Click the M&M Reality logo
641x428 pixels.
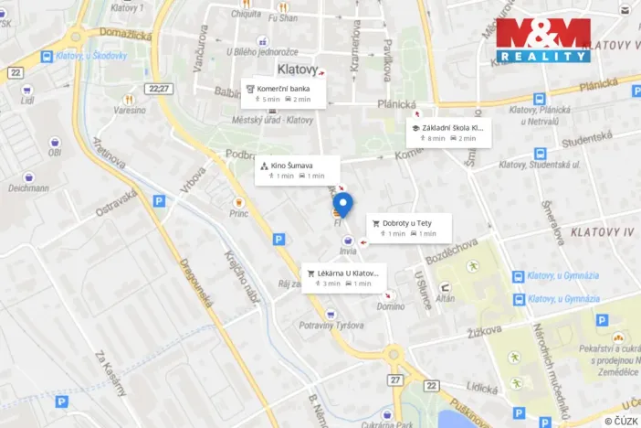543,40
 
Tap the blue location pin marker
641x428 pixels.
342,205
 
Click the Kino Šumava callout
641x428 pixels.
298,170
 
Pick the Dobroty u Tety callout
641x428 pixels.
411,228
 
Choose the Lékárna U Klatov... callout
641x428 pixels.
344,277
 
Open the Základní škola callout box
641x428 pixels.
449,133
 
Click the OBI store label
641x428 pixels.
54,153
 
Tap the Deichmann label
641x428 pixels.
28,188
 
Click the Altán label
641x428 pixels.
446,299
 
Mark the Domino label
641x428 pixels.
391,307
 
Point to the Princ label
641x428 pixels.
238,214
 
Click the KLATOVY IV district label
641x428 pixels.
601,233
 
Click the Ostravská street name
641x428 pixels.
117,203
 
